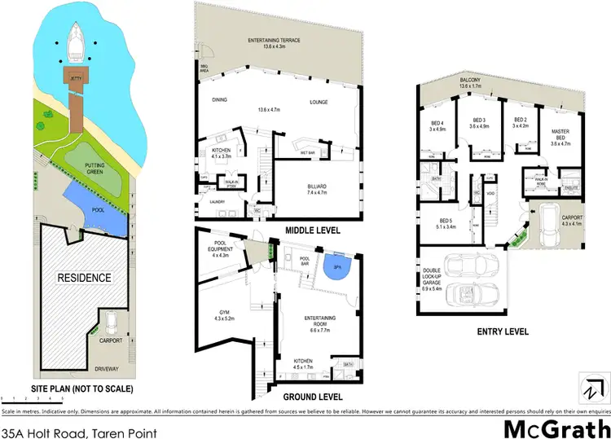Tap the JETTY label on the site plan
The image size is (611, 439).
click(76, 79)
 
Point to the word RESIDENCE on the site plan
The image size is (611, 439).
click(84, 278)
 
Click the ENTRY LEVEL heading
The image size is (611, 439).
click(504, 331)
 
